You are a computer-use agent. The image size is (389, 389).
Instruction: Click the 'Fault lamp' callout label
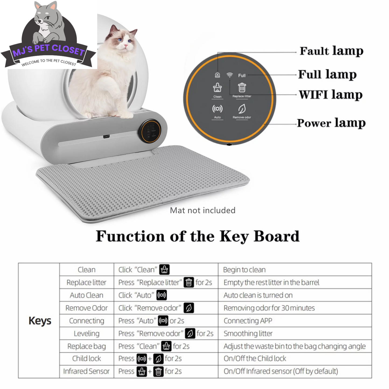coord(331,51)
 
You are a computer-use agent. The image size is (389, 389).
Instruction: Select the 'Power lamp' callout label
coord(331,123)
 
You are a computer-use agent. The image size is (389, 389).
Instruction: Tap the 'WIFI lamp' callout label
coord(331,95)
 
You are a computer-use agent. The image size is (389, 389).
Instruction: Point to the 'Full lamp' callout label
coord(327,74)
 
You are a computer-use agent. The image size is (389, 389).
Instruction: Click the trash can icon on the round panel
coord(242,88)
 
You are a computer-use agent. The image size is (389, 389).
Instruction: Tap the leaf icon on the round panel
coord(242,109)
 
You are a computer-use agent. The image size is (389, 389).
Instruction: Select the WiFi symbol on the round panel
coord(229,75)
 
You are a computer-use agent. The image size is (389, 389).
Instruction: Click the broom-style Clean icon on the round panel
coord(217,87)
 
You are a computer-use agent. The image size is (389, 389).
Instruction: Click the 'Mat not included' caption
coord(203,210)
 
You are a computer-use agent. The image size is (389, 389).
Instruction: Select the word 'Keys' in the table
coord(40,321)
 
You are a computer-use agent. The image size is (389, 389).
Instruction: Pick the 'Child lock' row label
coord(86,359)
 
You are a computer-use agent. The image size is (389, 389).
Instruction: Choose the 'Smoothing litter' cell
coord(248,334)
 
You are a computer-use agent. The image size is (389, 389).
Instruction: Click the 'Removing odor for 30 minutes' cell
coord(269,308)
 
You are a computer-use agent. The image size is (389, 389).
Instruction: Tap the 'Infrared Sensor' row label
coord(86,371)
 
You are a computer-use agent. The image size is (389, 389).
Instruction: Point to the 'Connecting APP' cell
coord(248,321)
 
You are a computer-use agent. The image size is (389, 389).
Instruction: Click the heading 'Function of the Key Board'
coord(198,236)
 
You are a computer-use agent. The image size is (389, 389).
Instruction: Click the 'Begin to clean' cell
coord(244,270)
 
